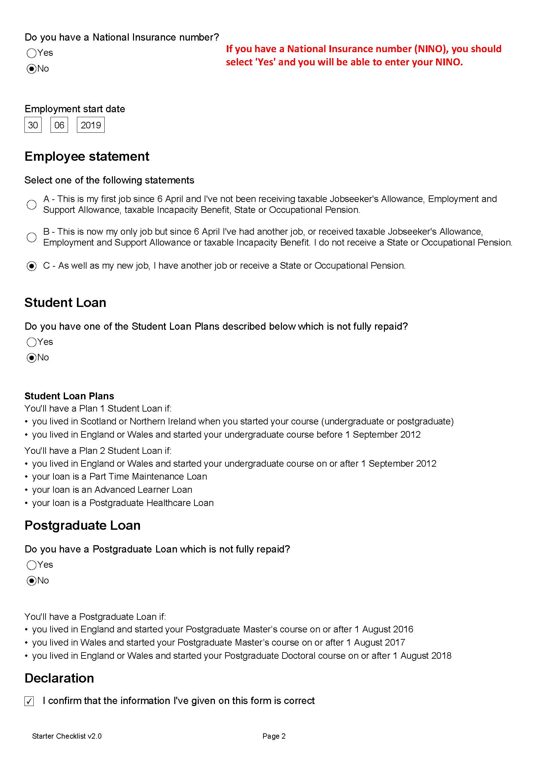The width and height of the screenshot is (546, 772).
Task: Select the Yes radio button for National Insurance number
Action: tap(31, 53)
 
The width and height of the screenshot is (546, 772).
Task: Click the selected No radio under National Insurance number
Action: tap(31, 69)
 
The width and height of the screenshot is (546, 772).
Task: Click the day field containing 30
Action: tap(33, 125)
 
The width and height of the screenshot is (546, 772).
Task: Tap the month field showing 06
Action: tap(59, 125)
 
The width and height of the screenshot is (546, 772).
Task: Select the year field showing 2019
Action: tap(91, 125)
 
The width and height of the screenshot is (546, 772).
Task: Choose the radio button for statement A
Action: tap(31, 204)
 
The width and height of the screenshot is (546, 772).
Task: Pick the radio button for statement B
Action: tap(31, 237)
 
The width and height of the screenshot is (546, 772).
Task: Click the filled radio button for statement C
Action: tap(31, 266)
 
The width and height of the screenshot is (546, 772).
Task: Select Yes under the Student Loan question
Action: tap(31, 342)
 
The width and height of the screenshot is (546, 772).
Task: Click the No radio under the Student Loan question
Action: tap(31, 358)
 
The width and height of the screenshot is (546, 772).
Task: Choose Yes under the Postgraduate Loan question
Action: tap(31, 565)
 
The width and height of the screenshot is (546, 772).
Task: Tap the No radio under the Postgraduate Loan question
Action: tap(31, 581)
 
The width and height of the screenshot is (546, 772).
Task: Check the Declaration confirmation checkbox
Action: tap(29, 701)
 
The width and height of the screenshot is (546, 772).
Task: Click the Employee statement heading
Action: tap(87, 157)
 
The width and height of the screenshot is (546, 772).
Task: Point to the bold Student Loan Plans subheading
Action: tap(69, 396)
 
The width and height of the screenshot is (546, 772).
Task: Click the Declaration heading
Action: tap(59, 678)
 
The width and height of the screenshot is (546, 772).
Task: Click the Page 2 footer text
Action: tap(274, 736)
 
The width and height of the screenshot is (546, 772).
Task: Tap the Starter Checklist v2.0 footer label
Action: tap(67, 736)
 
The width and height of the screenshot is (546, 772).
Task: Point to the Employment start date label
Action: tap(75, 109)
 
